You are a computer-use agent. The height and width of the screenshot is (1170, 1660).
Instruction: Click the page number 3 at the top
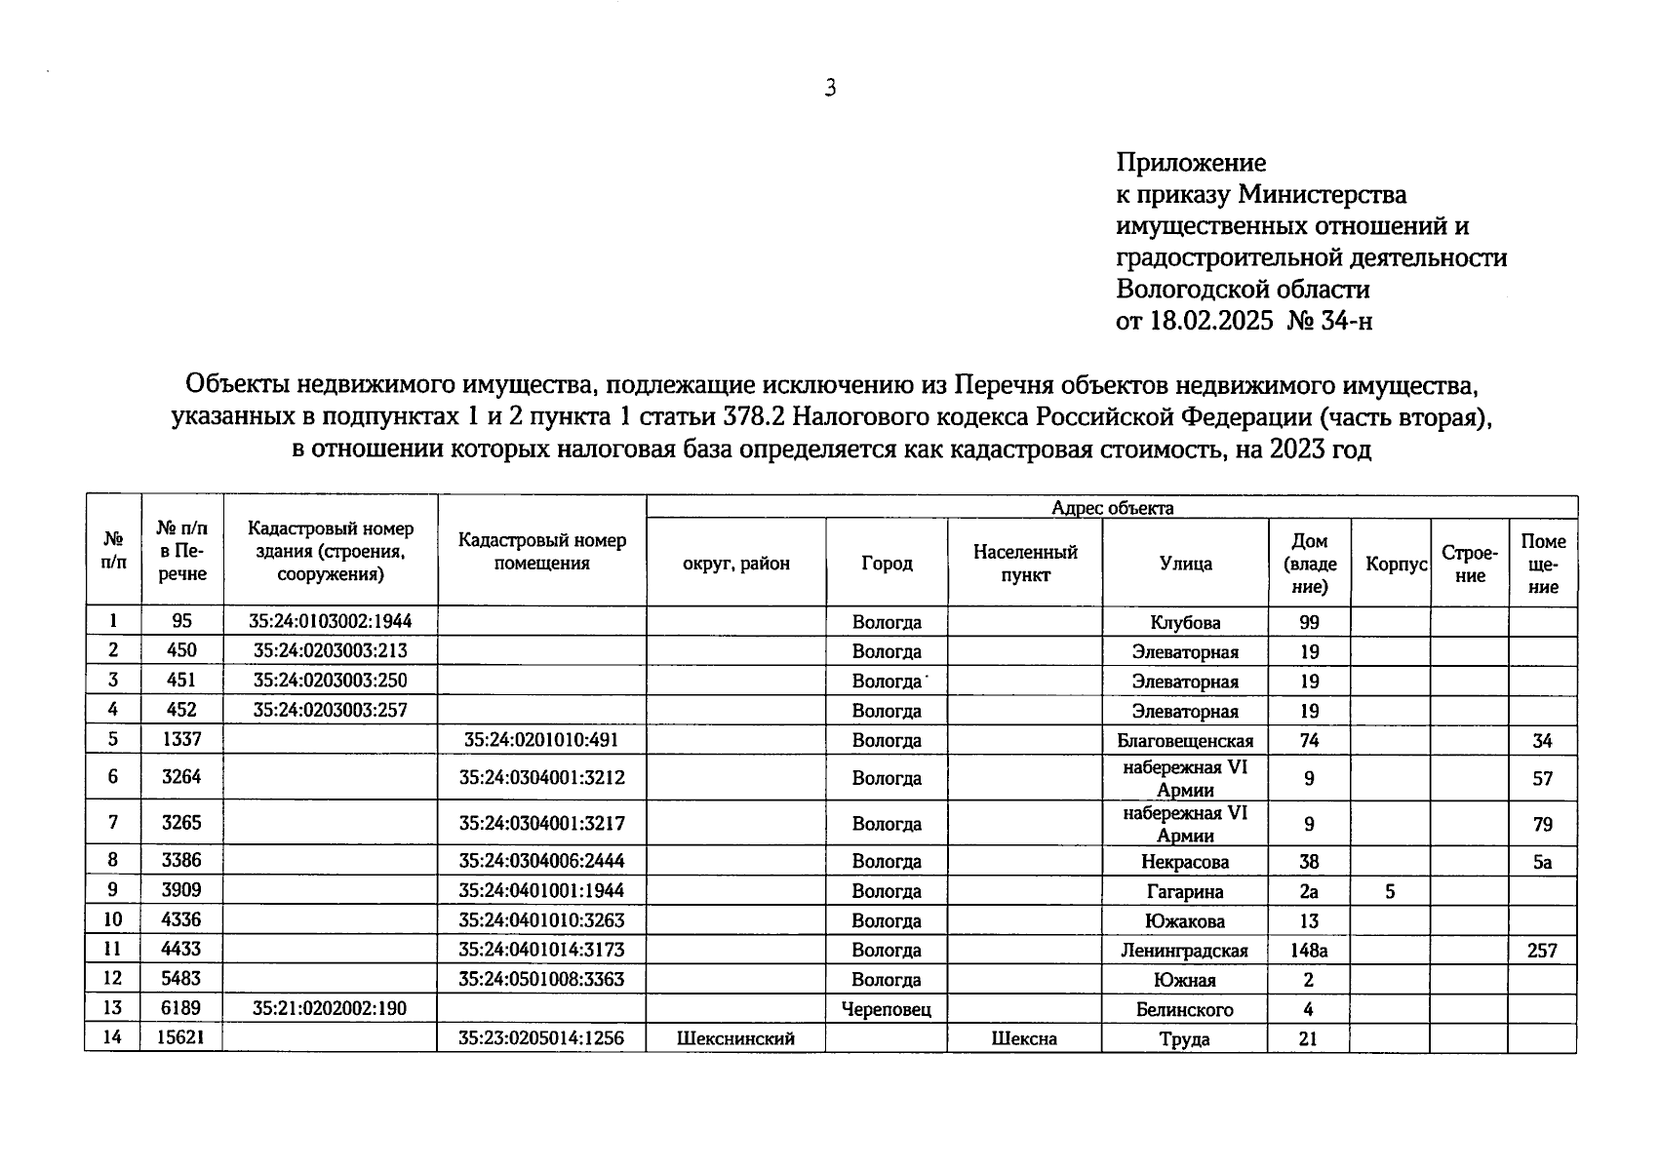pos(830,89)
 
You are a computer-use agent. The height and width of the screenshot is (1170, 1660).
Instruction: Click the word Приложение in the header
pos(1190,163)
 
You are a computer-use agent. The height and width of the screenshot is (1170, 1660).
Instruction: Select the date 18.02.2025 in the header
pos(1211,321)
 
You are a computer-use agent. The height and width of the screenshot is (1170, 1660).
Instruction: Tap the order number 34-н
pos(1346,321)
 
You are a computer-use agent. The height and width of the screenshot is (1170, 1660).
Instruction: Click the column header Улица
pos(1185,564)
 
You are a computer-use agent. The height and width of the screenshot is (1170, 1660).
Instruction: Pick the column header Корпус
pos(1396,565)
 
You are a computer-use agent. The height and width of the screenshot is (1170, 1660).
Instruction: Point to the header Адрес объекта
pos(1112,508)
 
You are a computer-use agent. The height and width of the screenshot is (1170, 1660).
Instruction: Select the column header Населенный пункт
pos(1025,564)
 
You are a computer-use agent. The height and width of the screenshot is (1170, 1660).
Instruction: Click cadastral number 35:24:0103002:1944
pos(330,621)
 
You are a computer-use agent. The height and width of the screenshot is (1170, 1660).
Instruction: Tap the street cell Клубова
pos(1185,623)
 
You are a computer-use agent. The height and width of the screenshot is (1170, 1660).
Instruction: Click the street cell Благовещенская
pos(1185,741)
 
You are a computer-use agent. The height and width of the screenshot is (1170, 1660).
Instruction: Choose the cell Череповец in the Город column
pos(886,1010)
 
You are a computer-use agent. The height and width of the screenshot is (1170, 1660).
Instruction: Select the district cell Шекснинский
pos(735,1039)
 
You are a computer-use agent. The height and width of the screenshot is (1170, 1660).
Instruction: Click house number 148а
pos(1308,951)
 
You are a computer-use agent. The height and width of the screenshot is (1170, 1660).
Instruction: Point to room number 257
pos(1541,951)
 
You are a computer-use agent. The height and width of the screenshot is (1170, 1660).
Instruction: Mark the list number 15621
pos(181,1038)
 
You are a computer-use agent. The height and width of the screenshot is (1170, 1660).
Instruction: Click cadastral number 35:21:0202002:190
pos(330,1009)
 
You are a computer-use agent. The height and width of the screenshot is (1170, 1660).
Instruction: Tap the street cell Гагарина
pos(1185,891)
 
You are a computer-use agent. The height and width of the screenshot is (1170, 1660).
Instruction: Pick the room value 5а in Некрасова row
pos(1541,862)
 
